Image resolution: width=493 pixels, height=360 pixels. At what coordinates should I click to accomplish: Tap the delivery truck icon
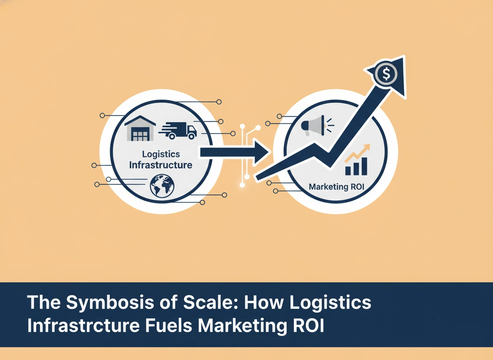(178, 130)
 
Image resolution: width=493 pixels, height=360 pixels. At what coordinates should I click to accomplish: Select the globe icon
(162, 186)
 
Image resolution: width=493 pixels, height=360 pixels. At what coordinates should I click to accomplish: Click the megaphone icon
(311, 125)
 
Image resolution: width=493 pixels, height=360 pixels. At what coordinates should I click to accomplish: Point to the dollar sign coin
(386, 75)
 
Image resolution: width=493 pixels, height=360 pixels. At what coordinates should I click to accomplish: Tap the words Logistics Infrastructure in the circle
(160, 160)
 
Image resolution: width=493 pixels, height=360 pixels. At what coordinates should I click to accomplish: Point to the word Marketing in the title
(240, 325)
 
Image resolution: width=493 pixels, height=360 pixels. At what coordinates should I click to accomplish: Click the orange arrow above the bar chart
(358, 153)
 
